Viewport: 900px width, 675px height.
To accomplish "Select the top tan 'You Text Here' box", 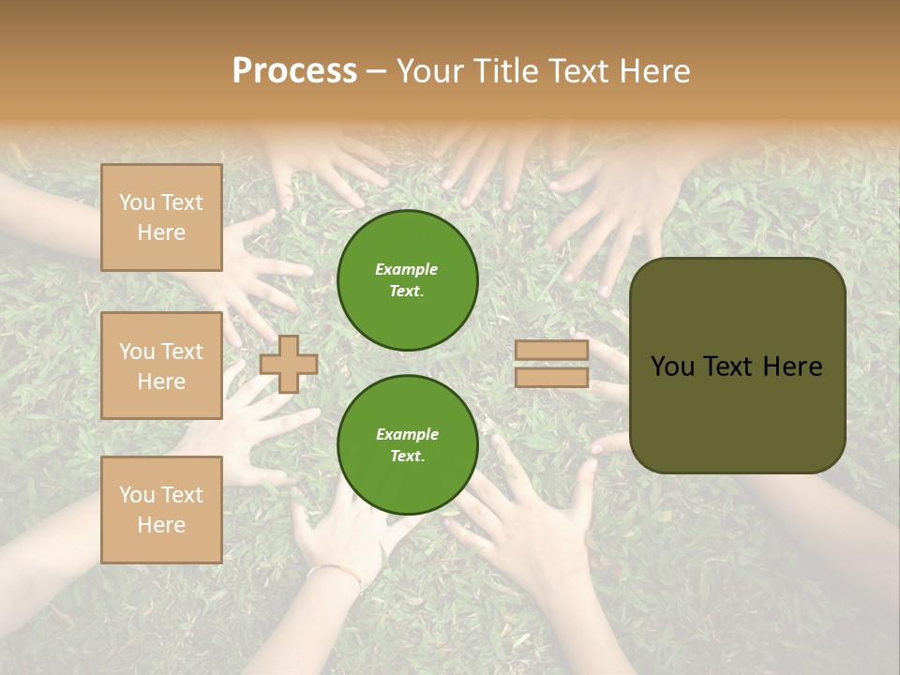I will [x=161, y=217].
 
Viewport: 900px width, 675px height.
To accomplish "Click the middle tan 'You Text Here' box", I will [x=161, y=366].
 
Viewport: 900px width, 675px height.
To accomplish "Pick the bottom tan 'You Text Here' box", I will [x=161, y=510].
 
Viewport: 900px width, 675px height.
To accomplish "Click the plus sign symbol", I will [x=289, y=364].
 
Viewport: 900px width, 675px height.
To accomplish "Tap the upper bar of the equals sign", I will [x=551, y=350].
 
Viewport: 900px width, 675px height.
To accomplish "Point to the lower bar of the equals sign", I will [x=551, y=377].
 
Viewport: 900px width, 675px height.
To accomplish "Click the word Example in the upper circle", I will [x=406, y=269].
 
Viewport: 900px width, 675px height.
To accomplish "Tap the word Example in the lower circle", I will [x=407, y=434].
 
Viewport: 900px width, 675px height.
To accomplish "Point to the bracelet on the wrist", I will [x=336, y=570].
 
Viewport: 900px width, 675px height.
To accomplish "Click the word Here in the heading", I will [x=654, y=72].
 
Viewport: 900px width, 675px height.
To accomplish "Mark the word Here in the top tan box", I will [x=161, y=232].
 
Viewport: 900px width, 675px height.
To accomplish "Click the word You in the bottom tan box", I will [x=137, y=495].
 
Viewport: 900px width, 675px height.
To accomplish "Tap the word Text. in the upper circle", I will [x=407, y=291].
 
